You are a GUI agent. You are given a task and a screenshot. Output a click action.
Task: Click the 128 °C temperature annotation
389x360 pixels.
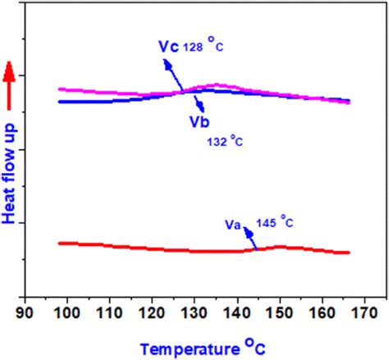pos(204,47)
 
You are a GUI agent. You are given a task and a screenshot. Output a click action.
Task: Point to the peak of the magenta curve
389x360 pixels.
pos(217,84)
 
